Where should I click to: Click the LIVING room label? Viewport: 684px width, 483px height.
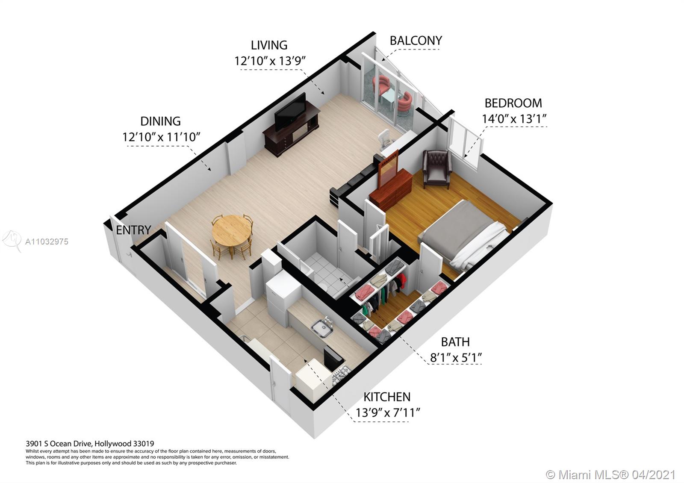pos(269,45)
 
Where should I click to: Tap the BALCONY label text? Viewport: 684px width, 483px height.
pos(416,41)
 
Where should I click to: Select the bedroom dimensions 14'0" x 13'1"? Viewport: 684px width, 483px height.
pos(514,119)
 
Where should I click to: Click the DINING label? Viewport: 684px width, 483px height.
pos(160,121)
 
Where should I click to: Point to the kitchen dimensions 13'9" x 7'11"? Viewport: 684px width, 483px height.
pos(388,413)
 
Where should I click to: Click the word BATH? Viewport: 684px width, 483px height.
pos(455,342)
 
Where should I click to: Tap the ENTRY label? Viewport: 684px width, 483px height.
pos(133,230)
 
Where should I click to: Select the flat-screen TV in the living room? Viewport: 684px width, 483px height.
pos(290,112)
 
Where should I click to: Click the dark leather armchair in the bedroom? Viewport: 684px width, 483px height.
pos(437,169)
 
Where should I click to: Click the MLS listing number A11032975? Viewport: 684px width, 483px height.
pos(47,242)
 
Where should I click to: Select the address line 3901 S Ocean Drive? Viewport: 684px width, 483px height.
pos(90,444)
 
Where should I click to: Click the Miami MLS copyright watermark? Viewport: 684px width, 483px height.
pos(610,474)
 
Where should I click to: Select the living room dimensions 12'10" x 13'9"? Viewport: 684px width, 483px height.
pos(270,61)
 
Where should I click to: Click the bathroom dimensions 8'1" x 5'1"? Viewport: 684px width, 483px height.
pos(456,357)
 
